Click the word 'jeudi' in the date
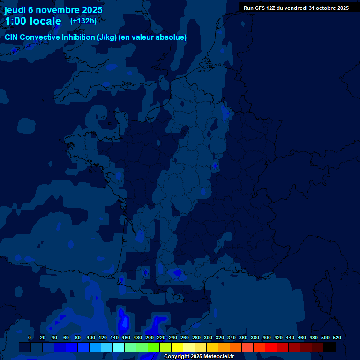tap(15, 10)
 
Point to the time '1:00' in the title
tap(16, 21)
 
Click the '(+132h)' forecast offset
tap(83, 21)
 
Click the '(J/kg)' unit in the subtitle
tap(108, 37)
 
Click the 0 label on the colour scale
tap(30, 337)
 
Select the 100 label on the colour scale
tap(90, 337)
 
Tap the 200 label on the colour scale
tap(149, 337)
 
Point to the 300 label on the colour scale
tap(208, 337)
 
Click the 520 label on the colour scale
tap(337, 337)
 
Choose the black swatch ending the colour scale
tap(330, 347)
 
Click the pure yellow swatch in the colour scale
tap(177, 347)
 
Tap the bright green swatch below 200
tap(153, 347)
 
